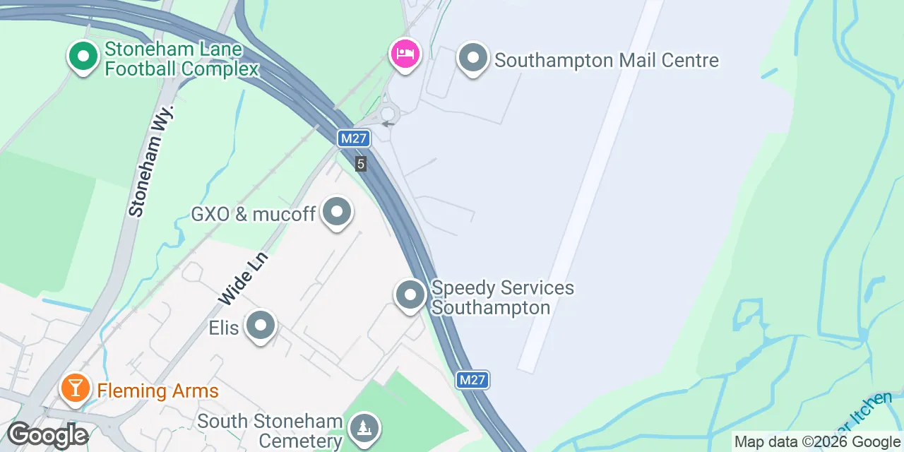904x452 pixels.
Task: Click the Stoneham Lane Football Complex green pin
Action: pyautogui.click(x=83, y=56)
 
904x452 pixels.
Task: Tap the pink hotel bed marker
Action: pyautogui.click(x=405, y=54)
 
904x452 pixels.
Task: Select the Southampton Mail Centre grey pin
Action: pyautogui.click(x=473, y=59)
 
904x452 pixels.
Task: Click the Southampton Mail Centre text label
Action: pyautogui.click(x=606, y=60)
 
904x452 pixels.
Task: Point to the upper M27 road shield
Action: pyautogui.click(x=353, y=138)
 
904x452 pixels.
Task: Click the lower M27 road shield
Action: pyautogui.click(x=472, y=380)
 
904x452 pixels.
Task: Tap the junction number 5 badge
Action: pyautogui.click(x=361, y=164)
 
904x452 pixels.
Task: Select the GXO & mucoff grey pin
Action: pyautogui.click(x=337, y=212)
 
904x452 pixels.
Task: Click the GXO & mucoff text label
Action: pyautogui.click(x=253, y=213)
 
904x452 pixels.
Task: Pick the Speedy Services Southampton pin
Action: pyautogui.click(x=410, y=295)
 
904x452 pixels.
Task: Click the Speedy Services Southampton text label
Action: pyautogui.click(x=502, y=297)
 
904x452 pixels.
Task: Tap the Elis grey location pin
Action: pyautogui.click(x=261, y=326)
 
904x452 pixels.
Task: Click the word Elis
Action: pyautogui.click(x=224, y=328)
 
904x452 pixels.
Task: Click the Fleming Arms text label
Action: pyautogui.click(x=157, y=391)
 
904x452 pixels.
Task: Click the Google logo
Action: pyautogui.click(x=48, y=435)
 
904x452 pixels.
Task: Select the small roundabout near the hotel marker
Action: pyautogui.click(x=387, y=114)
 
